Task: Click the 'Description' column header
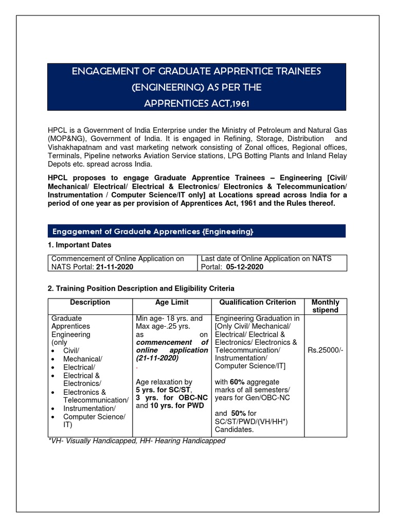[90, 303]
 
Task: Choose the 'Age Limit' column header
[172, 303]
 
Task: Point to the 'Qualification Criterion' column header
[258, 303]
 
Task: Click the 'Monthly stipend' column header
[326, 306]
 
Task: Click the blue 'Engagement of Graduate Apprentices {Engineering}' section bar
[196, 231]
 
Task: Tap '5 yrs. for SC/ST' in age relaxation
[161, 390]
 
